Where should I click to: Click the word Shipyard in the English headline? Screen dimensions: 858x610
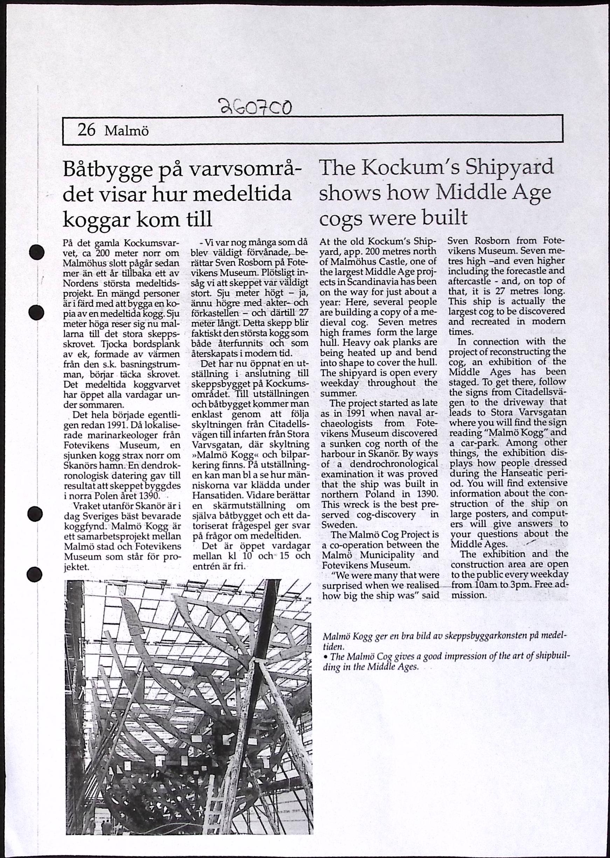pos(510,167)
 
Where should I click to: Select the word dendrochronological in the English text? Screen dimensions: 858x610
pos(400,464)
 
